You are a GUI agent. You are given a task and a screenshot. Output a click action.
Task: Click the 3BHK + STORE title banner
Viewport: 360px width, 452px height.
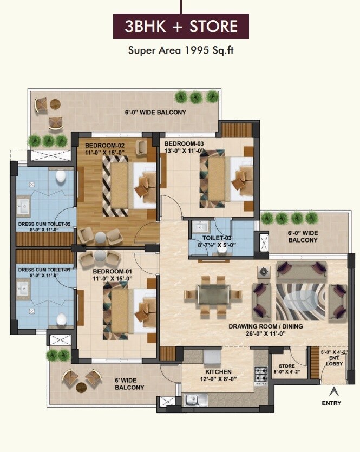pos(181,27)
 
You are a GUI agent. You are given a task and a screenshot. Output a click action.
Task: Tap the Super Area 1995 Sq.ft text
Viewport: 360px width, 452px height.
pos(181,51)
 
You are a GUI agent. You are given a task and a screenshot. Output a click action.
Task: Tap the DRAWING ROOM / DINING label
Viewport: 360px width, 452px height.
pos(265,326)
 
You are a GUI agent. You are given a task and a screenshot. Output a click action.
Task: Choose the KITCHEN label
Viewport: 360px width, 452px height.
pos(219,372)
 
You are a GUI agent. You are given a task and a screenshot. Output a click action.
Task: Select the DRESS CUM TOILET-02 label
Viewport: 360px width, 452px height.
pos(44,224)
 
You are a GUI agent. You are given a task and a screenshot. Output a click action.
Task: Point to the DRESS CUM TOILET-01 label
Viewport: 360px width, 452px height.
pos(44,269)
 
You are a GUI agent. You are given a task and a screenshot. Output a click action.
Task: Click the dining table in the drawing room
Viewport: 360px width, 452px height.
pos(213,296)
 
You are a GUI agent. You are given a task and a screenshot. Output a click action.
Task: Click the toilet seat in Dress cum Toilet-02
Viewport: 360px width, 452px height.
pos(61,176)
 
